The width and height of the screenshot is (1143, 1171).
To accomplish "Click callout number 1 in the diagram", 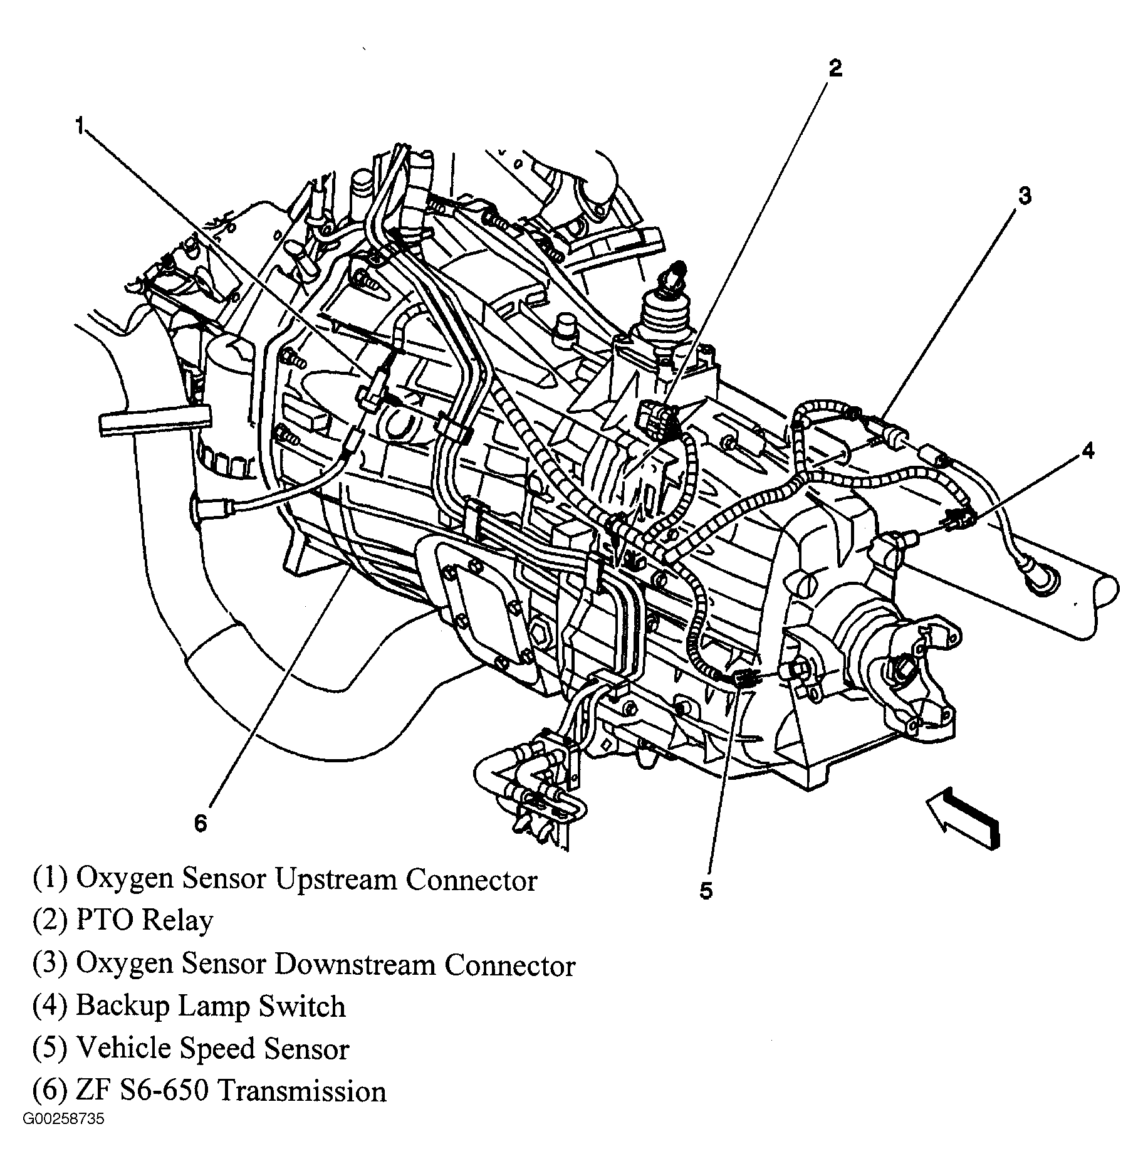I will coord(80,125).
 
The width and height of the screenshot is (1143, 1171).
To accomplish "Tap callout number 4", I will coord(1088,450).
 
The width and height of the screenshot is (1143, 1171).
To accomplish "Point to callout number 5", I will coord(706,891).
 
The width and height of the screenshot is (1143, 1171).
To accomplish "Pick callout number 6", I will coord(200,823).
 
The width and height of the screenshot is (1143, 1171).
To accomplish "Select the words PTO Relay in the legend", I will coord(144,921).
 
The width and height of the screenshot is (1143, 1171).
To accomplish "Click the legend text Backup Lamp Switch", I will coord(211,1006).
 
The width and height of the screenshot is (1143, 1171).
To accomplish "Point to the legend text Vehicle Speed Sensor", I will coord(212,1049).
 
